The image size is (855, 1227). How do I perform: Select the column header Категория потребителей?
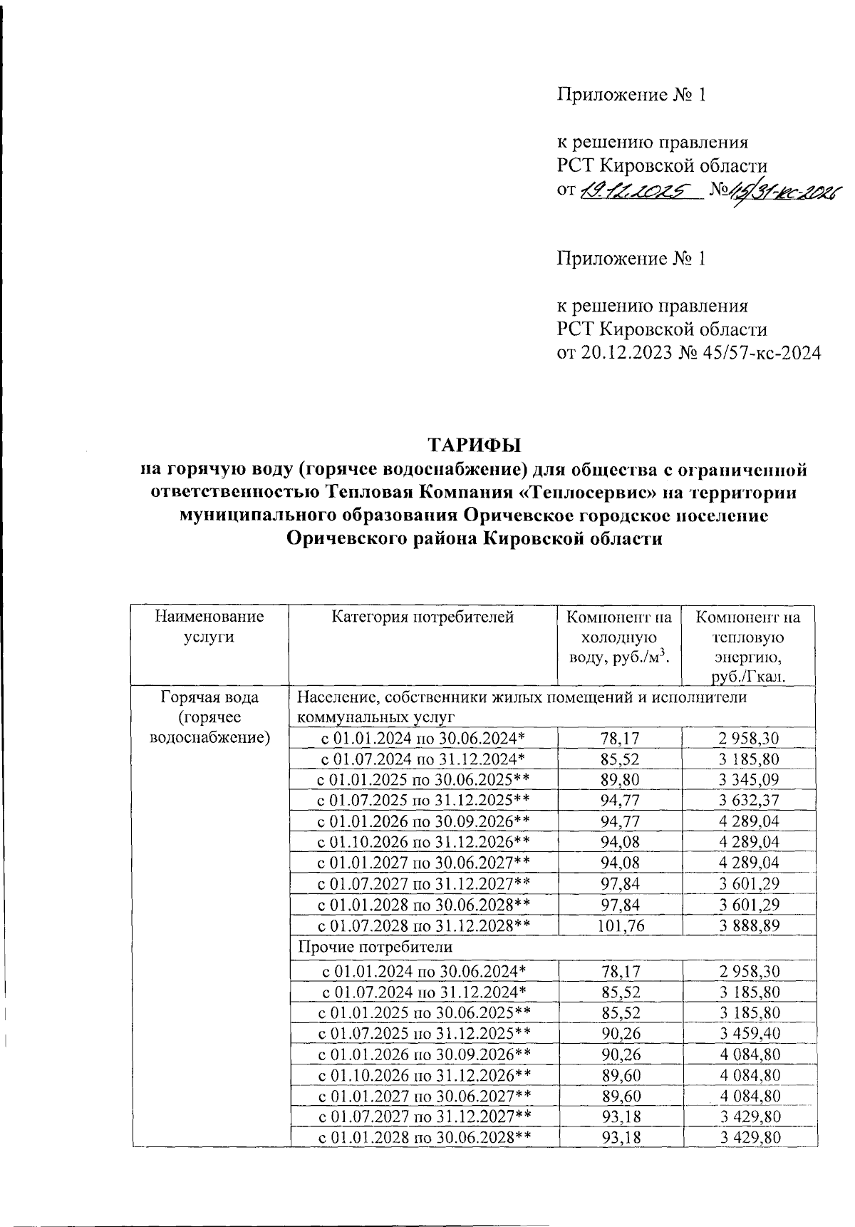point(423,617)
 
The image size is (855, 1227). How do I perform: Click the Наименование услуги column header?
point(209,627)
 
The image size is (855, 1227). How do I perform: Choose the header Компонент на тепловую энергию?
point(748,646)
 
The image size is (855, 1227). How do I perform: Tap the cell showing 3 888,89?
point(750,925)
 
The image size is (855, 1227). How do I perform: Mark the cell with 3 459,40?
point(750,1033)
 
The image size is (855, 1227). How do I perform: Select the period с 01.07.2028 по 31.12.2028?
point(423,925)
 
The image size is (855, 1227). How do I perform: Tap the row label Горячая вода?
point(209,697)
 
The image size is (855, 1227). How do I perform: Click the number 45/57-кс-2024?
point(755,352)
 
